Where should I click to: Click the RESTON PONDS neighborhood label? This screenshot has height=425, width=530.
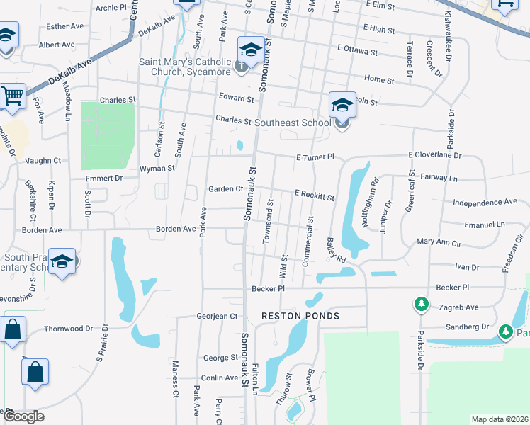click(300, 316)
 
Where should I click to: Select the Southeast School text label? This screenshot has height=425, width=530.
click(293, 123)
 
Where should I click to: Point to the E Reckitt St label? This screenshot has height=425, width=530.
click(314, 193)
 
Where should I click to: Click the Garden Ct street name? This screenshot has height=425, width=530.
click(225, 189)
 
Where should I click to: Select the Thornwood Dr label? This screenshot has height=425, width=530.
click(69, 329)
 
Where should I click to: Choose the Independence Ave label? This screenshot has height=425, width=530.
click(485, 203)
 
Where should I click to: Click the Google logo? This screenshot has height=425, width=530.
click(23, 416)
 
